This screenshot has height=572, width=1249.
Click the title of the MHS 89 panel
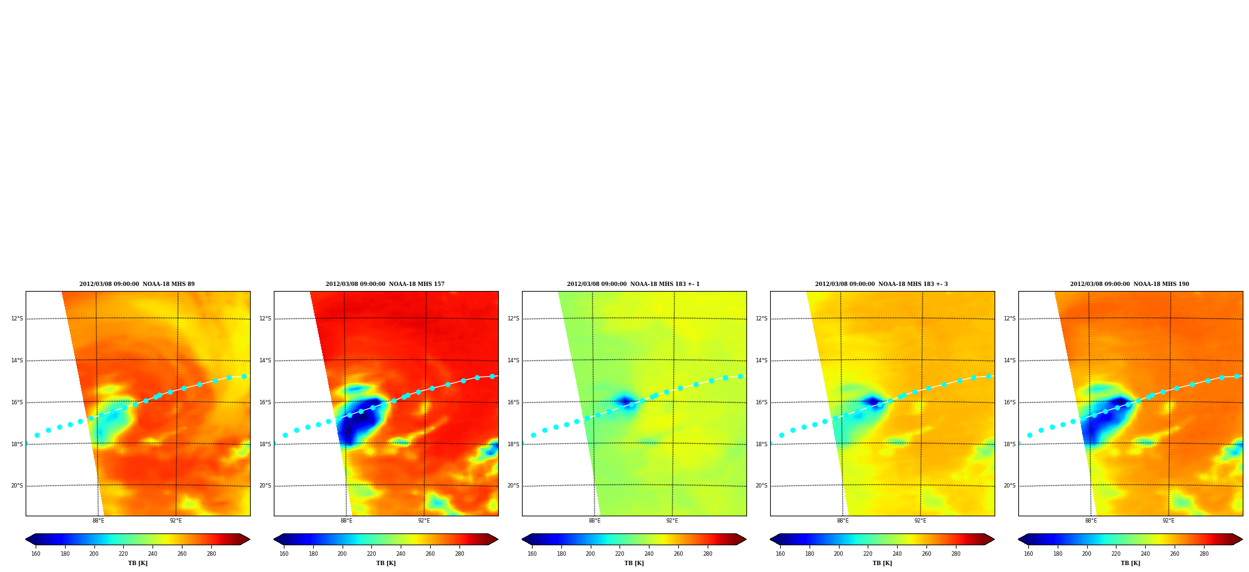point(137,284)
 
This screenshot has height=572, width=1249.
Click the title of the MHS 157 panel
point(385,284)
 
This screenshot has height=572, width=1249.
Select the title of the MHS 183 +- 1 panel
point(633,284)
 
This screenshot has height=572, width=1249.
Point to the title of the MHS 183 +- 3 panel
point(881,284)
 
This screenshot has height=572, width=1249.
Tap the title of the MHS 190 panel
point(1130,284)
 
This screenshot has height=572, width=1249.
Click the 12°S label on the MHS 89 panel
point(17,319)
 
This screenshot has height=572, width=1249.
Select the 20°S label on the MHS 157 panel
point(265,486)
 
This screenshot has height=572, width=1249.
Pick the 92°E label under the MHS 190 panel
point(1168,521)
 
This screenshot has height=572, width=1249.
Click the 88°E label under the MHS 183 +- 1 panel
point(594,521)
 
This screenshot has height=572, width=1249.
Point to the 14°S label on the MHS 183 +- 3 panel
point(761,360)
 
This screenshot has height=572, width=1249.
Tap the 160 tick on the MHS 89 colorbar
point(36,554)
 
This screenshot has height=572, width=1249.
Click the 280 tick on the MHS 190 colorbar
point(1204,554)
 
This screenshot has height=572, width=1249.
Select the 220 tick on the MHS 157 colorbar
point(371,554)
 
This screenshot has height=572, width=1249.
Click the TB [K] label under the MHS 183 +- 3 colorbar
point(882,563)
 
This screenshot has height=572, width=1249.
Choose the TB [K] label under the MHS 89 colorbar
point(138,563)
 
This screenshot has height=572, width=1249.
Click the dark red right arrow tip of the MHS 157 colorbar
point(498,539)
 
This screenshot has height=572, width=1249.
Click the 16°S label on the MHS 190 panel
point(1010,402)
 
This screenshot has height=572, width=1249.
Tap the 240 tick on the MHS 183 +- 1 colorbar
point(649,554)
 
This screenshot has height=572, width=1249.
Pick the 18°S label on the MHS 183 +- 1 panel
point(513,444)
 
